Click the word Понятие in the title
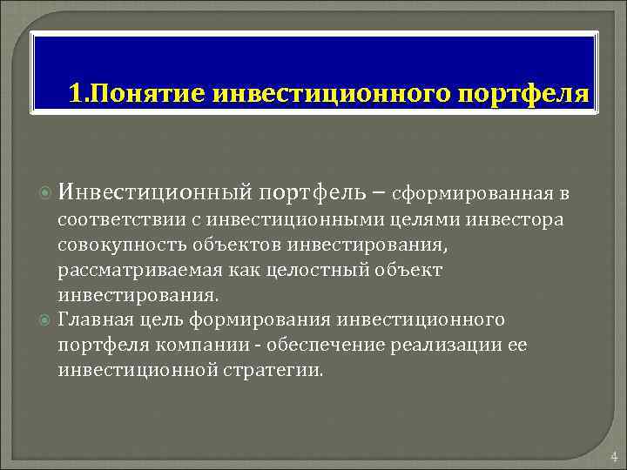coord(145,92)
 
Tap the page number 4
coord(613,456)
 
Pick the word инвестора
coord(521,220)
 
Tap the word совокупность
coord(109,245)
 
